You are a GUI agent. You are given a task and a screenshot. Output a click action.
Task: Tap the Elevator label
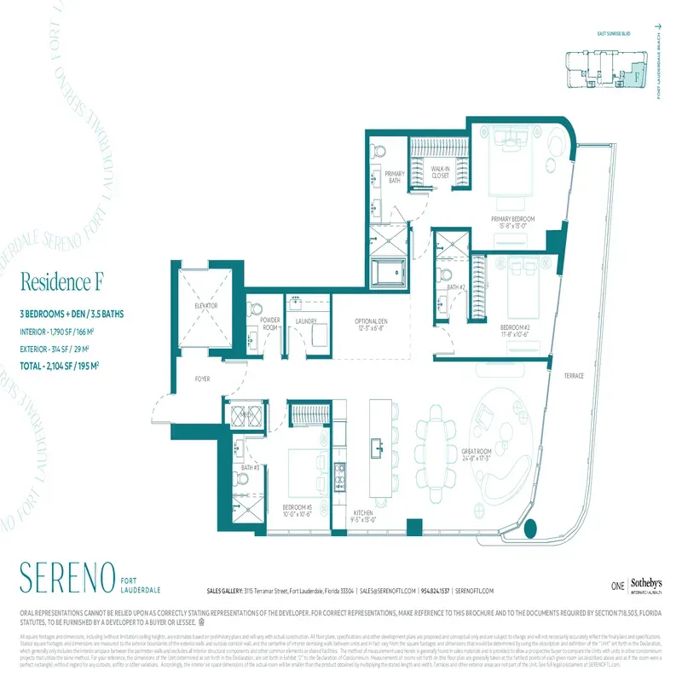click(206, 305)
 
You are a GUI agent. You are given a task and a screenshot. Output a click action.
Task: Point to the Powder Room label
click(269, 324)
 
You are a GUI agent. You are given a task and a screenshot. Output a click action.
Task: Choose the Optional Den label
click(372, 325)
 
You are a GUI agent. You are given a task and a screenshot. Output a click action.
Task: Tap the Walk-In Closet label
click(440, 172)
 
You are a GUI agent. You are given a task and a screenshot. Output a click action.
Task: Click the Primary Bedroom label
click(512, 223)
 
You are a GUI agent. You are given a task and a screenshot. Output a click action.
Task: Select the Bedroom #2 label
click(516, 330)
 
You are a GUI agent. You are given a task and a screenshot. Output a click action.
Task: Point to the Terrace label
click(573, 376)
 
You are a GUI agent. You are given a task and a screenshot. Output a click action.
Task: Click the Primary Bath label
click(394, 177)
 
